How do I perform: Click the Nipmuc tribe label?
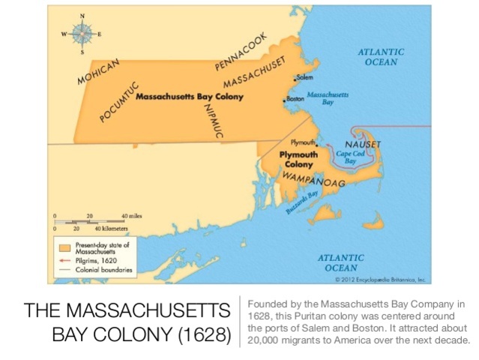point(211,115)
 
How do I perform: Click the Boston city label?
point(295,98)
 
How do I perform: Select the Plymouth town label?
point(300,142)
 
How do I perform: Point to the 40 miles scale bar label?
point(131,215)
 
